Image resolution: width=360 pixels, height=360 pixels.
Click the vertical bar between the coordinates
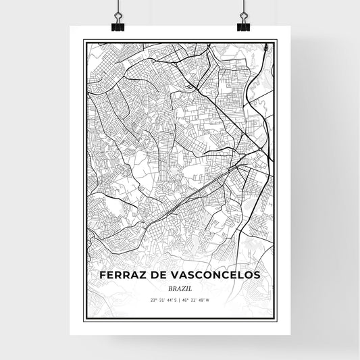(x=180, y=300)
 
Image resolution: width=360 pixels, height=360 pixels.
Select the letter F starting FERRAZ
(x=102, y=275)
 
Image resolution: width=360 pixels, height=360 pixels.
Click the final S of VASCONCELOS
(x=257, y=275)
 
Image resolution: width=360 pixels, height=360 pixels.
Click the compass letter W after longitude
(x=209, y=300)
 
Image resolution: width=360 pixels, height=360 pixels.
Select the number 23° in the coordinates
(x=155, y=300)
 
